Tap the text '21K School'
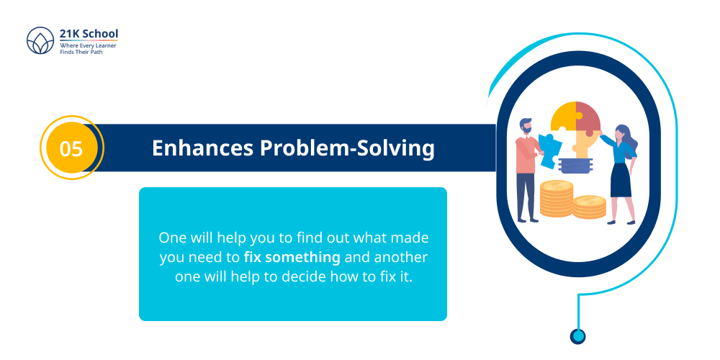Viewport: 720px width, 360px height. coord(89,34)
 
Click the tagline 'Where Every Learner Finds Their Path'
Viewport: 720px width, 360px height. coord(88,48)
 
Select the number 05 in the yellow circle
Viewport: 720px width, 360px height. coord(71,148)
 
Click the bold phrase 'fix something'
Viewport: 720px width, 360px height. coord(292,256)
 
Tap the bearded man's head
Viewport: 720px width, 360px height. coord(526,125)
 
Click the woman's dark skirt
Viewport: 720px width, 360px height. coord(621,180)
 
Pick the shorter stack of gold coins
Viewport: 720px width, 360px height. coord(589,207)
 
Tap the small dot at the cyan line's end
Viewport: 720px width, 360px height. coord(577,336)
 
